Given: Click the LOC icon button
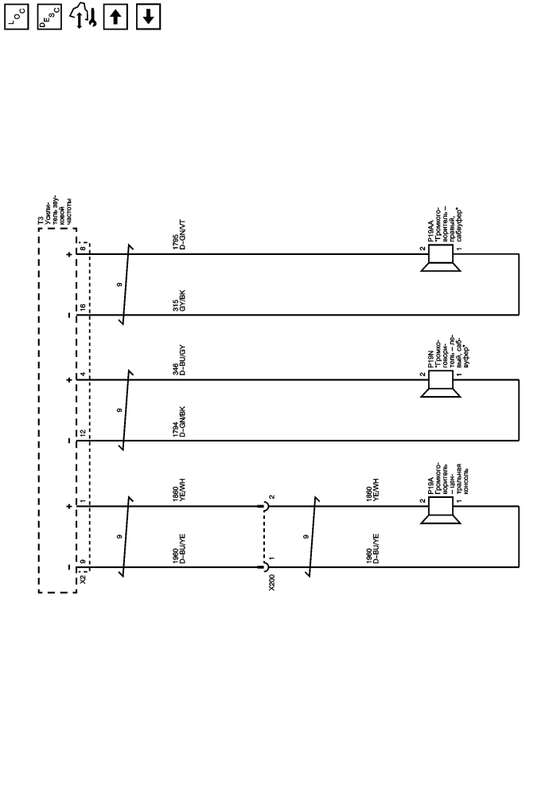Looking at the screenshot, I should coord(16,16).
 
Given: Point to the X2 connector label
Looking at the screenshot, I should coord(82,579).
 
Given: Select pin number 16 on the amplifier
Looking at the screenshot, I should coord(82,307).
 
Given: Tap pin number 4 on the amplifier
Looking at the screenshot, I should coord(82,375).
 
